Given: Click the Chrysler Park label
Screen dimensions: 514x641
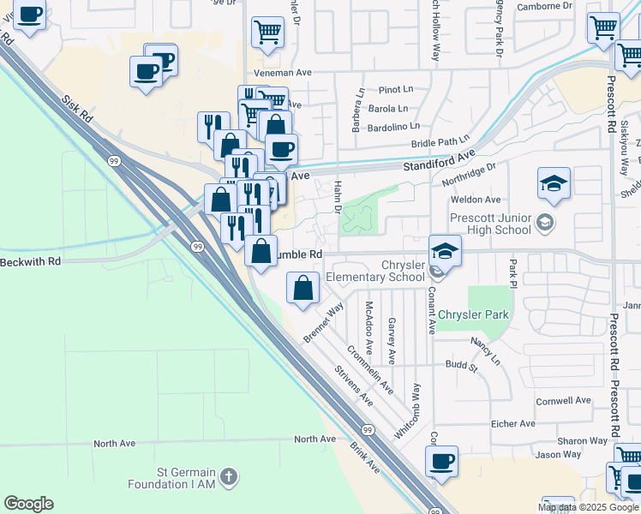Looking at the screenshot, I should pyautogui.click(x=473, y=314).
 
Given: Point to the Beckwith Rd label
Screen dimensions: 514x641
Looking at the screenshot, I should pyautogui.click(x=31, y=260).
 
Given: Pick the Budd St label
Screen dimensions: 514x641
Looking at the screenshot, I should pyautogui.click(x=460, y=366).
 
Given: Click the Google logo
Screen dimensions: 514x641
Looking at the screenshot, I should pyautogui.click(x=28, y=504).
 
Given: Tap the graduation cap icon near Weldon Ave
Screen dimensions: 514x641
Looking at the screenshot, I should pyautogui.click(x=554, y=182).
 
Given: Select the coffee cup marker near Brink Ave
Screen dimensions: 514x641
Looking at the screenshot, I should pyautogui.click(x=442, y=462).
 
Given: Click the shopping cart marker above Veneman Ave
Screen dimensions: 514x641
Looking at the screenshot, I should pyautogui.click(x=267, y=33).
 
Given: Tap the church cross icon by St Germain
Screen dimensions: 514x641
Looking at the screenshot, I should pyautogui.click(x=228, y=475).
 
